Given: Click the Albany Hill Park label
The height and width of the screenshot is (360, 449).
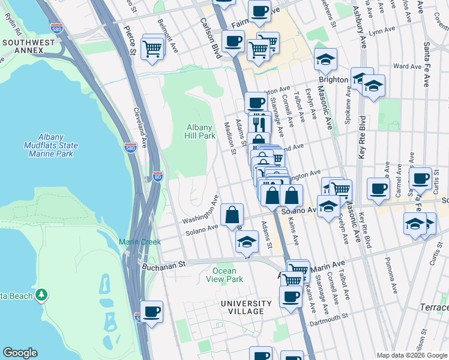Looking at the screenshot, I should click(x=200, y=131).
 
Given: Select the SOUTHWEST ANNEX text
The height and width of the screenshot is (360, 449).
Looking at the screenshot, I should click(x=22, y=46).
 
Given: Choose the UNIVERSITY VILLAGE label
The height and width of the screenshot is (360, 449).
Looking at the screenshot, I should click(x=242, y=307).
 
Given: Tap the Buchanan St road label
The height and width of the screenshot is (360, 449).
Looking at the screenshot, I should click(x=161, y=263).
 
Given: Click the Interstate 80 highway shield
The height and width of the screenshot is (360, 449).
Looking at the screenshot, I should click(x=156, y=177).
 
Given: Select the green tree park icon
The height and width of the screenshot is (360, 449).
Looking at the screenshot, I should click(x=41, y=295).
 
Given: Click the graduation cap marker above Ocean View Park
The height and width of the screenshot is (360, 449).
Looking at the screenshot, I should click(x=246, y=242).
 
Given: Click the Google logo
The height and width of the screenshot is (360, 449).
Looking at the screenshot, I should click(x=20, y=353).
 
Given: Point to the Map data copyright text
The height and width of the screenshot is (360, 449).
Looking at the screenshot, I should click(x=412, y=355).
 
